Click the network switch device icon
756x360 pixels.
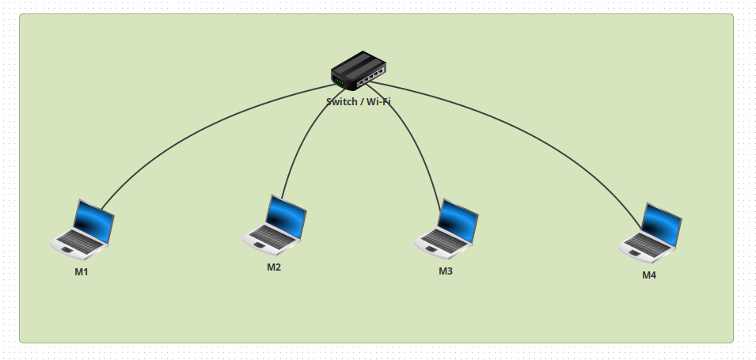(x=359, y=71)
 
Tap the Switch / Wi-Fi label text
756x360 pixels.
(x=359, y=102)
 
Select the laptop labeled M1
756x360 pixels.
(x=82, y=229)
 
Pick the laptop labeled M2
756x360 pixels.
(x=274, y=225)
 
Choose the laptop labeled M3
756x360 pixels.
(x=446, y=229)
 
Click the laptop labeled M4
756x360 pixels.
(x=650, y=233)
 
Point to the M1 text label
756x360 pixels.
(x=82, y=272)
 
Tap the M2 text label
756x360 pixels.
(x=274, y=267)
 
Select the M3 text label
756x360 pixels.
(x=446, y=271)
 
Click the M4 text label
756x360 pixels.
(x=649, y=275)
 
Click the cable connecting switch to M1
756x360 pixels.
(x=198, y=127)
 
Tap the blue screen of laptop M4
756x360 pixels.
(x=662, y=225)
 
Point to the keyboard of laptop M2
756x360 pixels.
(x=268, y=236)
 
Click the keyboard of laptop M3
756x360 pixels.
(x=440, y=241)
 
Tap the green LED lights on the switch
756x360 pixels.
(x=339, y=81)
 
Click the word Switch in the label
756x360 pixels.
(x=341, y=102)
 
